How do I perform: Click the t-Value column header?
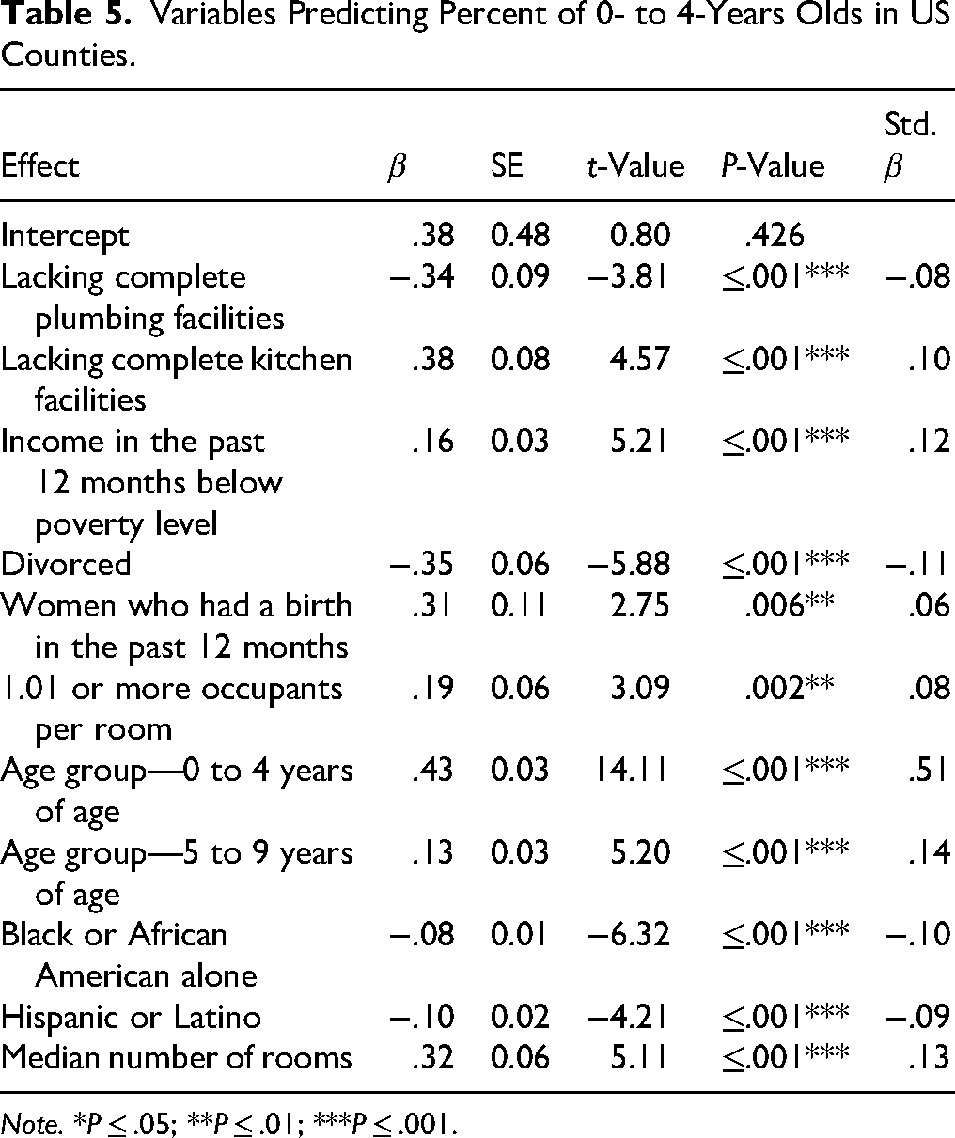pyautogui.click(x=630, y=165)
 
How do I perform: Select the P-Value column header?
pyautogui.click(x=769, y=165)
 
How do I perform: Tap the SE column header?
pyautogui.click(x=509, y=165)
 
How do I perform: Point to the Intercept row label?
pyautogui.click(x=65, y=236)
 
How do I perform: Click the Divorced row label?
pyautogui.click(x=66, y=564)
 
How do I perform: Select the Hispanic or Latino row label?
pyautogui.click(x=131, y=1017)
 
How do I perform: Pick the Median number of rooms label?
pyautogui.click(x=176, y=1058)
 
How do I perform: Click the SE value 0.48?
pyautogui.click(x=520, y=236)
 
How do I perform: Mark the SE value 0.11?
pyautogui.click(x=520, y=605)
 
